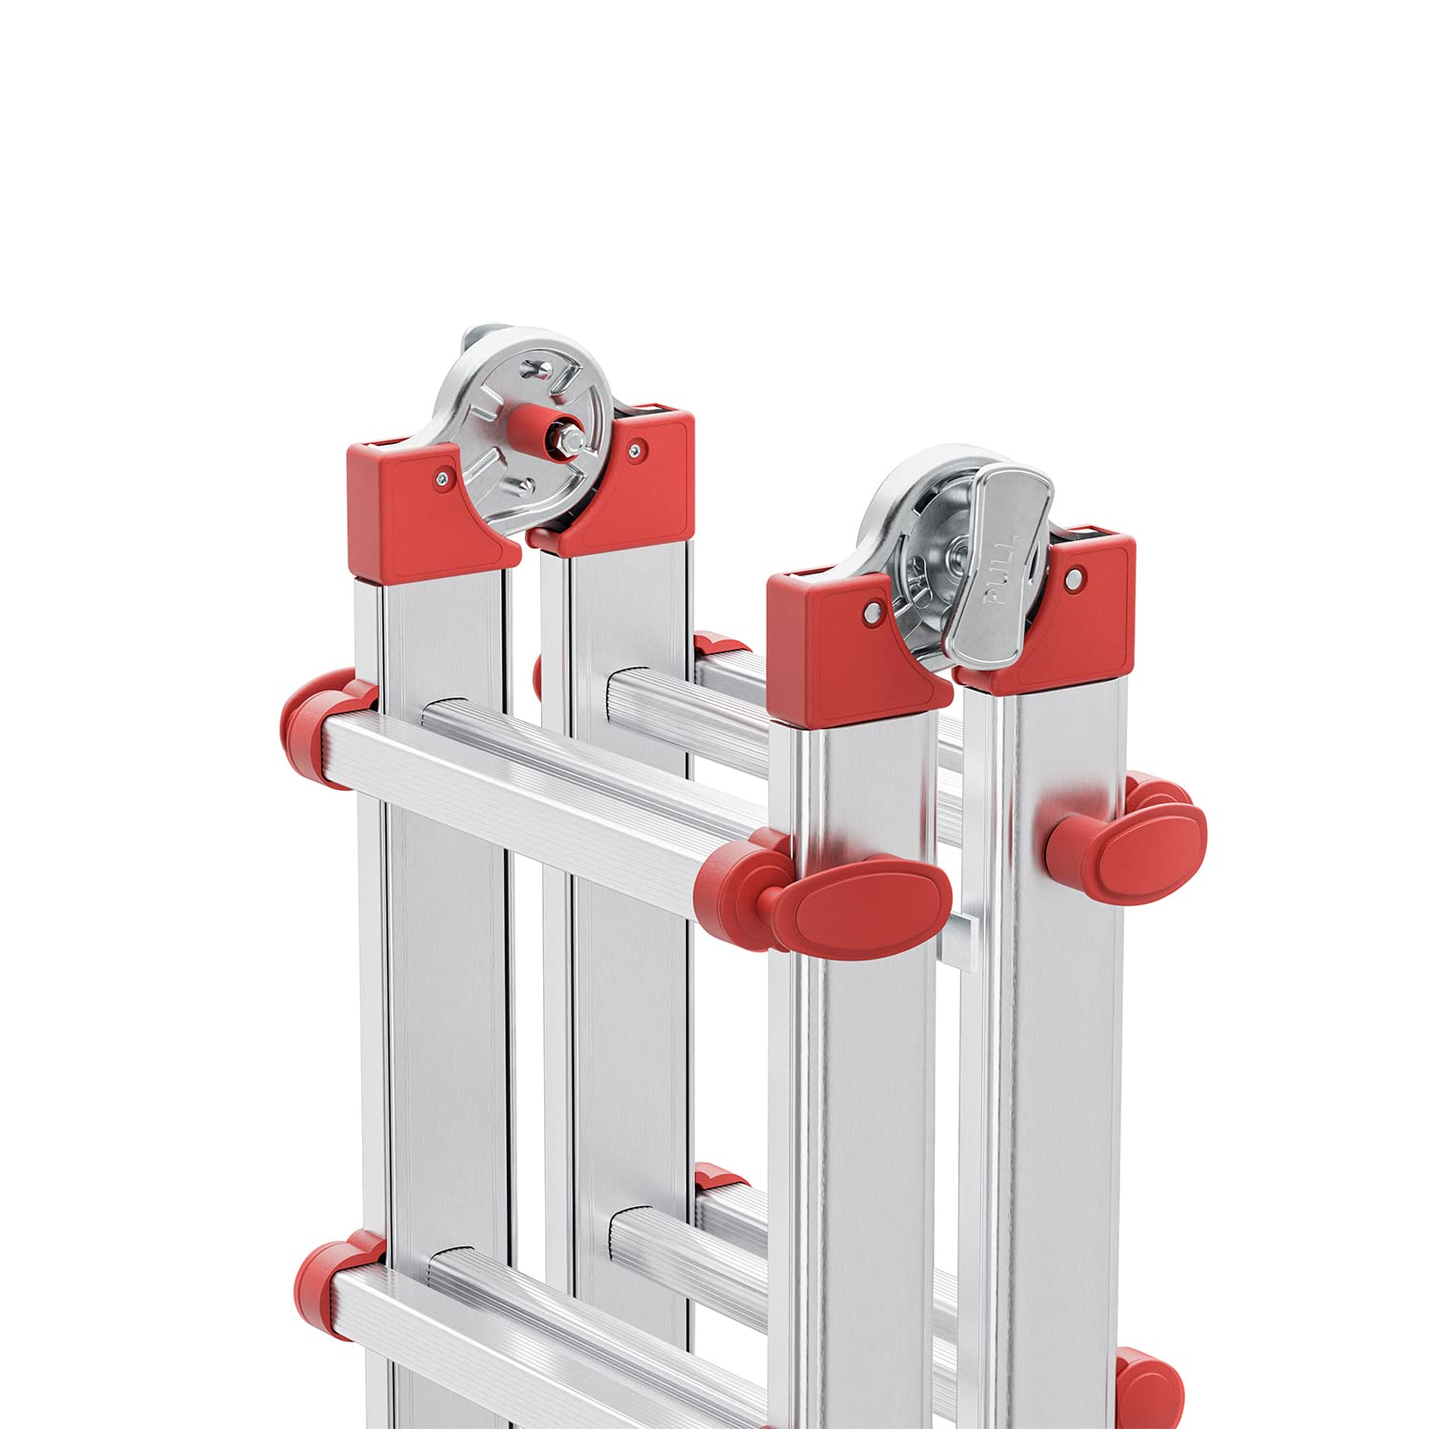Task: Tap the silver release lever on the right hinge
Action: click(x=999, y=562)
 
